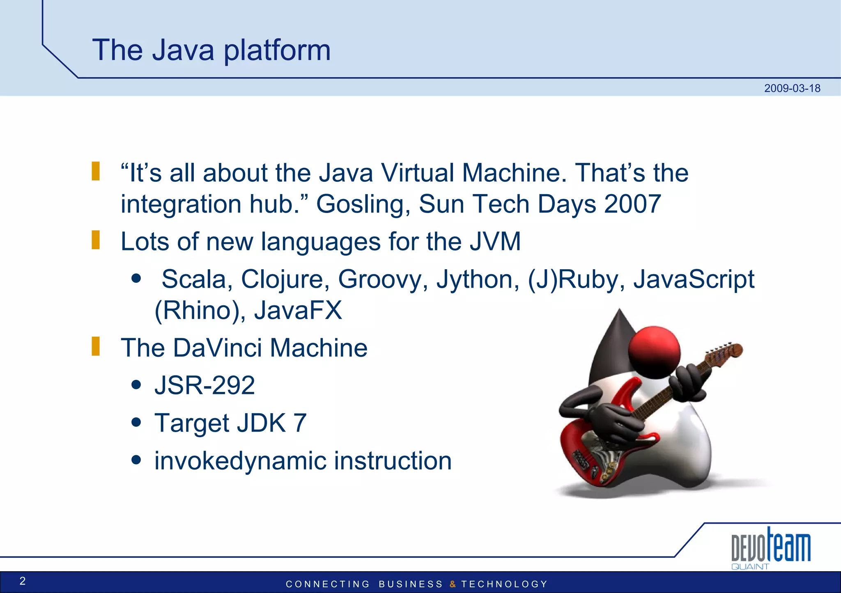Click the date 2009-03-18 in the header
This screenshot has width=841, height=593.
pos(792,88)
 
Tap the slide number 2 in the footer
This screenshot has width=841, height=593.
pos(23,581)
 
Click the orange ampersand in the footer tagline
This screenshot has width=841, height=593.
pos(453,584)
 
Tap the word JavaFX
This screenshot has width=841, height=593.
pos(298,311)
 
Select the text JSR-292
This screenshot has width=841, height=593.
pos(205,385)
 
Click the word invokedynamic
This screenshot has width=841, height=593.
pos(240,461)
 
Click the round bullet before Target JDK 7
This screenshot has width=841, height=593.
pos(136,422)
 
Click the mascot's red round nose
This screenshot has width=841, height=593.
pos(654,352)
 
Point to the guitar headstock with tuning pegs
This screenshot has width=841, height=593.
pos(725,352)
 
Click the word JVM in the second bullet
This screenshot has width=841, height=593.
pos(495,241)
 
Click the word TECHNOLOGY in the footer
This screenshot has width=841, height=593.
pos(504,584)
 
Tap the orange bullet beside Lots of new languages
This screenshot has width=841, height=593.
pos(96,240)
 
